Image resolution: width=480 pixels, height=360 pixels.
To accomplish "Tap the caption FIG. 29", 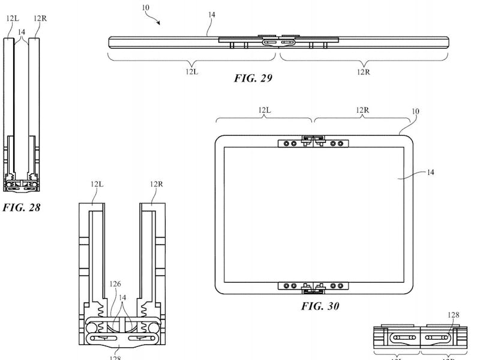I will tap(253, 77).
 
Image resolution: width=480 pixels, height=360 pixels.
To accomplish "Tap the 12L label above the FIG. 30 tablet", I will tap(265, 110).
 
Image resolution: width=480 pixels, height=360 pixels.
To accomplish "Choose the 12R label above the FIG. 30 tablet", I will tap(362, 110).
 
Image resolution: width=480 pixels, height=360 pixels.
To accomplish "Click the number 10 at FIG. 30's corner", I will tap(415, 112).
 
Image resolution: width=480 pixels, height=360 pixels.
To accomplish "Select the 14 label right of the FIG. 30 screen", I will tap(430, 172).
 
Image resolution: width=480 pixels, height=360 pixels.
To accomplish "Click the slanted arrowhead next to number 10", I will tap(159, 23).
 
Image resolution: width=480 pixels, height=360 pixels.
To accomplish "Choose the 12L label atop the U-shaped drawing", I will tap(98, 184).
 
